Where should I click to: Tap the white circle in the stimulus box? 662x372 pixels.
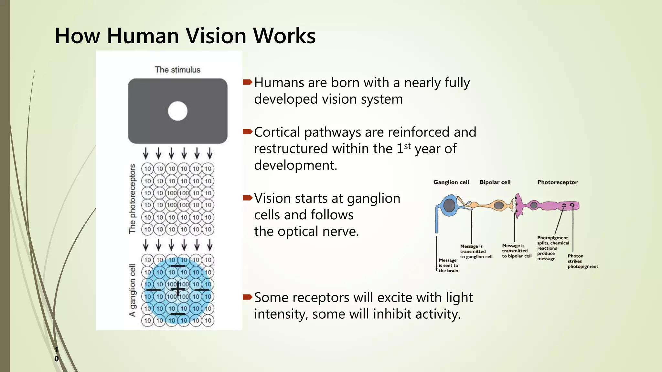point(178,111)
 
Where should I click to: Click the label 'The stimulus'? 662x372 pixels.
point(177,70)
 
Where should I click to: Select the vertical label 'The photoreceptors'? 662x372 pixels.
point(133,199)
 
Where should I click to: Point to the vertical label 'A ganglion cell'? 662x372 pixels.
point(133,290)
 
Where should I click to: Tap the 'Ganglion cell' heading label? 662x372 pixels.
point(451,182)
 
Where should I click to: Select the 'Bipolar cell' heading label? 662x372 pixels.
point(495,182)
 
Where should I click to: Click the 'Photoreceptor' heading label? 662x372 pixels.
point(557,182)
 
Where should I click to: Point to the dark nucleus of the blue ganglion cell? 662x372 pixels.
point(449,205)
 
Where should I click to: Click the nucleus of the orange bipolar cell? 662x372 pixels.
point(499,205)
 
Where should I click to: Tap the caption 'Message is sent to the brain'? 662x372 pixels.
point(448,265)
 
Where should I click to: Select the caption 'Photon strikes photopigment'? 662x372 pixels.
point(582,261)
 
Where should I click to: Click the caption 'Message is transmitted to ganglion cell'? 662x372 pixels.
point(476,251)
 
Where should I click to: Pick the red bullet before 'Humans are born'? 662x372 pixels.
point(247,82)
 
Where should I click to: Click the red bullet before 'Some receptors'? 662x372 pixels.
point(247,297)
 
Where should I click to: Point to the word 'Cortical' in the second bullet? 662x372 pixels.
point(277,132)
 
